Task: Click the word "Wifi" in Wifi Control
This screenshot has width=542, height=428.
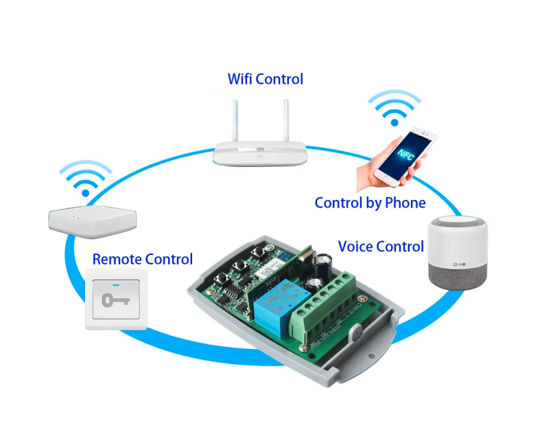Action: [x=239, y=79]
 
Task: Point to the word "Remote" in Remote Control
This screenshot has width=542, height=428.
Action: [x=117, y=260]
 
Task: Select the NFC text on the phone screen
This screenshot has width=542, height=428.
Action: [x=410, y=153]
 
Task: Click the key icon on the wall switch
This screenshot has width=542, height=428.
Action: [x=115, y=300]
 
